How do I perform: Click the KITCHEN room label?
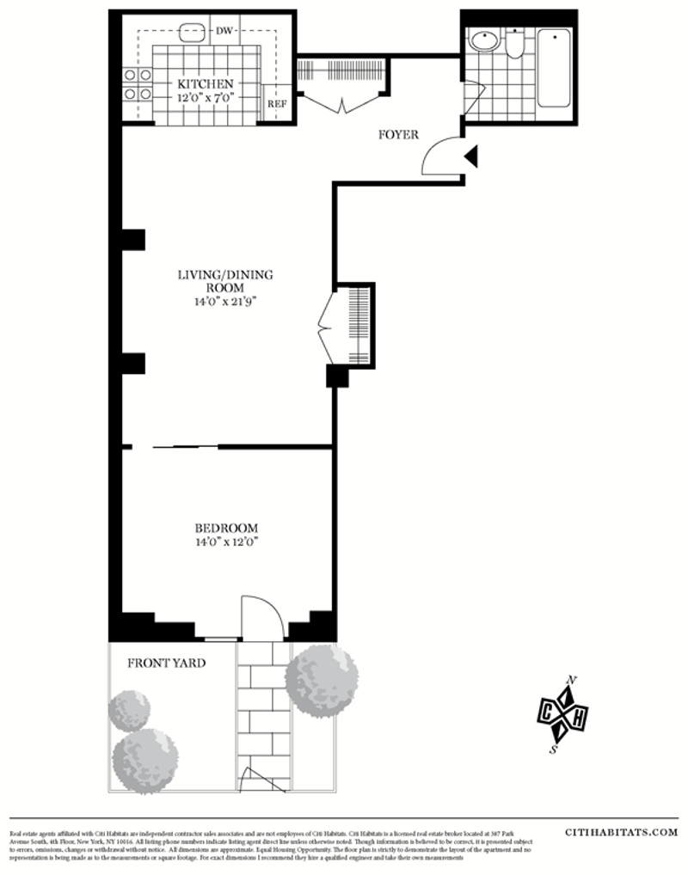205,84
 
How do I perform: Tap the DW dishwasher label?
224,31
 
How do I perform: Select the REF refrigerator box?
276,104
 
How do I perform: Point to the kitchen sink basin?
193,33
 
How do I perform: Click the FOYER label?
399,135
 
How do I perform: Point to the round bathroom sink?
484,40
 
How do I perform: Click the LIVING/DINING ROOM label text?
224,281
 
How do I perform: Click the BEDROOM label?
226,528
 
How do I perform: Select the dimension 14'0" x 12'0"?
226,542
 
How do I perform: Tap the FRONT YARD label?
167,663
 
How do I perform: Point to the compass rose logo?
563,714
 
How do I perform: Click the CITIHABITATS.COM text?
622,832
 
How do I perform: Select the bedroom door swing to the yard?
261,617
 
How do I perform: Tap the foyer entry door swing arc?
441,156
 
